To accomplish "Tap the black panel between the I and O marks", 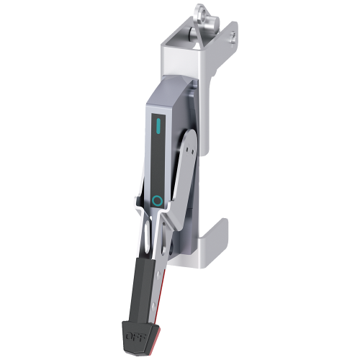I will (159, 166).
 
